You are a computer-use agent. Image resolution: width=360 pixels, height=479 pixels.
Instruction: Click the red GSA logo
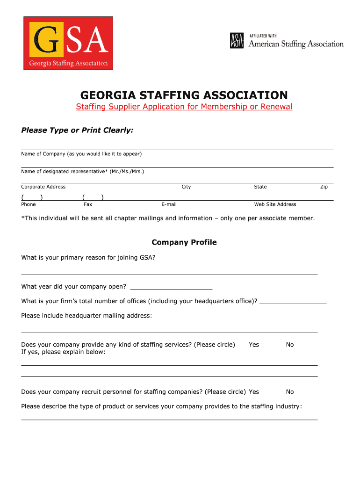tap(68, 43)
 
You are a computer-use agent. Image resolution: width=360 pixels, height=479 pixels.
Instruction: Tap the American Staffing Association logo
tap(287, 41)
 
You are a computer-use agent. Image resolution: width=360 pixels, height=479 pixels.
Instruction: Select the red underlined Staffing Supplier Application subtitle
tap(184, 107)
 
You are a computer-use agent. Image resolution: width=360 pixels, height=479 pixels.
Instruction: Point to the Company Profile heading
tap(184, 242)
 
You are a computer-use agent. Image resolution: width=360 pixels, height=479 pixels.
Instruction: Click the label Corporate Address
tap(43, 187)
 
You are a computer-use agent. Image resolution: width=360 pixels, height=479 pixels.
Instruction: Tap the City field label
tap(186, 187)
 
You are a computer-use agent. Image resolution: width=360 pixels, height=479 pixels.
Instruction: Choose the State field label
tap(260, 187)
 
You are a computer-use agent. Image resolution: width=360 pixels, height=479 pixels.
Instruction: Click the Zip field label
tap(324, 187)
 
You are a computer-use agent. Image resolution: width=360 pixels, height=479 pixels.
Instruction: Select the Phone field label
tap(29, 204)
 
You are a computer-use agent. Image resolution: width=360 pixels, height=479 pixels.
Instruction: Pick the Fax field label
tap(88, 204)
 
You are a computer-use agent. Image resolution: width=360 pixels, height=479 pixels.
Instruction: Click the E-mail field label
tap(169, 204)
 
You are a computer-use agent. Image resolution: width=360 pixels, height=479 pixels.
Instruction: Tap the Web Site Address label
tap(275, 204)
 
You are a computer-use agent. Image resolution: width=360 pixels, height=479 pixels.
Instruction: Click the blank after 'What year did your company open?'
tap(171, 286)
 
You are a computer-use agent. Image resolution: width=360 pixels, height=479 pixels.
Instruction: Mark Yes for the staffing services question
tap(254, 345)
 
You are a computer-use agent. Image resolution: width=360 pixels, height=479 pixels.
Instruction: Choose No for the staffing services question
tap(290, 345)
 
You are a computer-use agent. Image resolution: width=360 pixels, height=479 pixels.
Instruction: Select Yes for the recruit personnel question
tap(254, 392)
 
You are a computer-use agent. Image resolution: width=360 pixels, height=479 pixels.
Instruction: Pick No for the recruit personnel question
tap(290, 392)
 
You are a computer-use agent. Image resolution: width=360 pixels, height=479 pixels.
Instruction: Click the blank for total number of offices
tap(293, 301)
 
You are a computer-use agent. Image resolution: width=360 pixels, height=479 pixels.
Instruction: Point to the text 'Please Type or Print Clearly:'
tap(78, 130)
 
